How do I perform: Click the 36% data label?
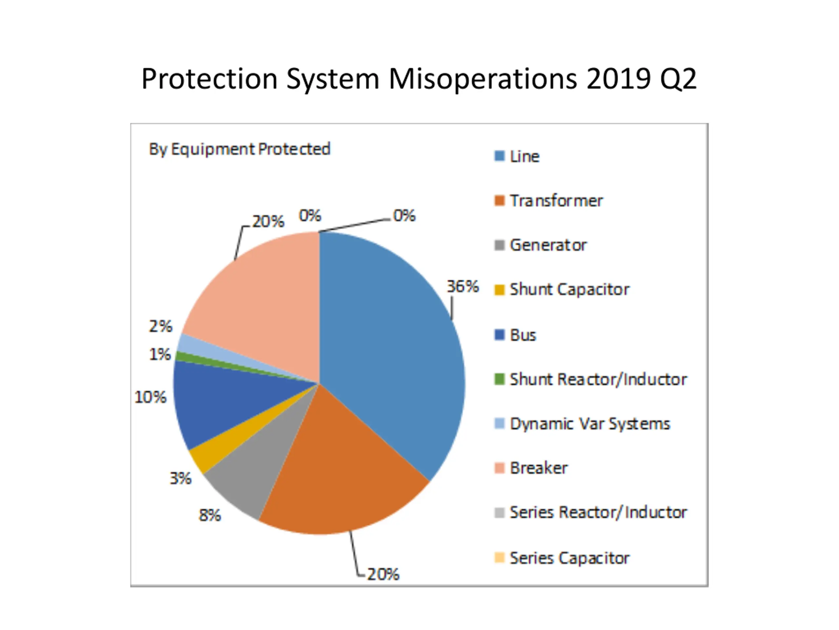pyautogui.click(x=462, y=287)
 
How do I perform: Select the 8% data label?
pyautogui.click(x=210, y=515)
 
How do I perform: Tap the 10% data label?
pyautogui.click(x=150, y=397)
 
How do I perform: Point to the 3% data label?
pyautogui.click(x=181, y=478)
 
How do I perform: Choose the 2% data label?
pyautogui.click(x=161, y=326)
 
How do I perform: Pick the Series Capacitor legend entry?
pyautogui.click(x=569, y=558)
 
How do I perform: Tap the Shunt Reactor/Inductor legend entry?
pyautogui.click(x=598, y=379)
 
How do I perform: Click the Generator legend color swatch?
pyautogui.click(x=499, y=245)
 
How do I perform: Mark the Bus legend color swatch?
pyautogui.click(x=499, y=335)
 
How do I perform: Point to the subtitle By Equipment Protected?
pyautogui.click(x=239, y=149)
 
